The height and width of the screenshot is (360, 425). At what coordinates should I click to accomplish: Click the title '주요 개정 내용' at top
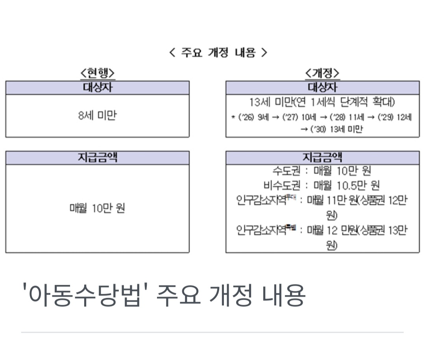tap(218, 52)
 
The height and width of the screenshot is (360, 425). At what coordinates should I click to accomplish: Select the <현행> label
tap(97, 73)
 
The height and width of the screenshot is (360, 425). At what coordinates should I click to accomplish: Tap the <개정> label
tap(322, 73)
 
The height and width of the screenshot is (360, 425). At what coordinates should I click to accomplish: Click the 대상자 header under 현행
tap(97, 87)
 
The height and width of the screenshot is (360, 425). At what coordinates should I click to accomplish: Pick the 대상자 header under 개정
tap(322, 87)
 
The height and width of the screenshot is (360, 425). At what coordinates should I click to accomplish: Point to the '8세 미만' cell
tap(97, 116)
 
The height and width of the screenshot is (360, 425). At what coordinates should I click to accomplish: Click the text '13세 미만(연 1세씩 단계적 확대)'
tap(322, 102)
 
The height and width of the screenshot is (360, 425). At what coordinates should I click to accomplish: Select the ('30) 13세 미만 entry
tap(336, 129)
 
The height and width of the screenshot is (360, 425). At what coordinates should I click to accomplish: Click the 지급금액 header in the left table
tap(97, 158)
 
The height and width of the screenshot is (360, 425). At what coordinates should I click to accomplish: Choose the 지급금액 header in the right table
tap(322, 158)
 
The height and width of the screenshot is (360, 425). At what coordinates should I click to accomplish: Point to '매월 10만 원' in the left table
tap(97, 208)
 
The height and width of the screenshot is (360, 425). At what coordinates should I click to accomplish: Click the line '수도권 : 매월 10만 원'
tap(322, 171)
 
